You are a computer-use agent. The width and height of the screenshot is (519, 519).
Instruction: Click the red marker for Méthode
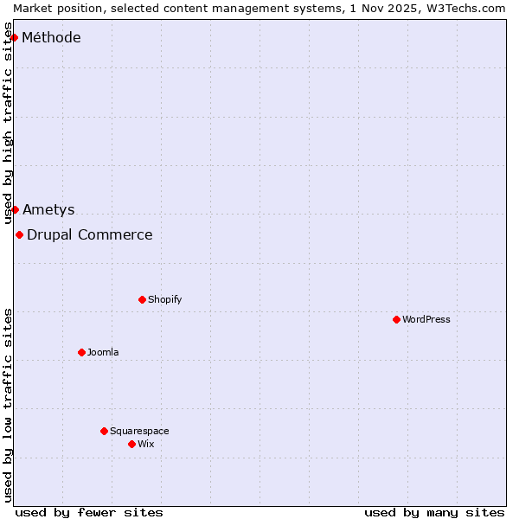click(14, 37)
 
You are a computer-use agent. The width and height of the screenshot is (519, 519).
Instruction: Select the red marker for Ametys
click(15, 209)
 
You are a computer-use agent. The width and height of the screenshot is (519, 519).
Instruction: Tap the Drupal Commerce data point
click(19, 234)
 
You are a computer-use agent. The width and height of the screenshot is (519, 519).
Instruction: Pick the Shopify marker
click(142, 299)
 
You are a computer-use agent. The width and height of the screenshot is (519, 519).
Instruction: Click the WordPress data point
click(396, 319)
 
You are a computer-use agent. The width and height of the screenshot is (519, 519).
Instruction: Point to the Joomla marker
click(81, 352)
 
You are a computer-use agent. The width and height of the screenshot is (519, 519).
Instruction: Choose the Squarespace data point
click(104, 431)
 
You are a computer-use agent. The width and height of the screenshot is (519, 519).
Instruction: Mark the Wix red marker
click(131, 444)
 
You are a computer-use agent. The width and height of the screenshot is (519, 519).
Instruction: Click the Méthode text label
click(51, 37)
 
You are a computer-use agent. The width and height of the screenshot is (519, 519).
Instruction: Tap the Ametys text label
click(48, 209)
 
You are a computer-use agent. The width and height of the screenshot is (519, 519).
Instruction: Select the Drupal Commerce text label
click(90, 234)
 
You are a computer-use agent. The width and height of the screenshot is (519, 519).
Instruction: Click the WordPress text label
click(426, 319)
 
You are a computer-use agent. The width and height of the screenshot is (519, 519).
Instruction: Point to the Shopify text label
click(165, 299)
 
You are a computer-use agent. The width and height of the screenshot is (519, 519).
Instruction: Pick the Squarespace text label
click(139, 431)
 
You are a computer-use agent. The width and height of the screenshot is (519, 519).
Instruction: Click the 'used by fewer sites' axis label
click(89, 512)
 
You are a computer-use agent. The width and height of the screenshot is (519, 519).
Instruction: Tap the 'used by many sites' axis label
click(434, 512)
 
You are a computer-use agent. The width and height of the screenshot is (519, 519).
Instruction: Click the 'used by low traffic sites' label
click(8, 405)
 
